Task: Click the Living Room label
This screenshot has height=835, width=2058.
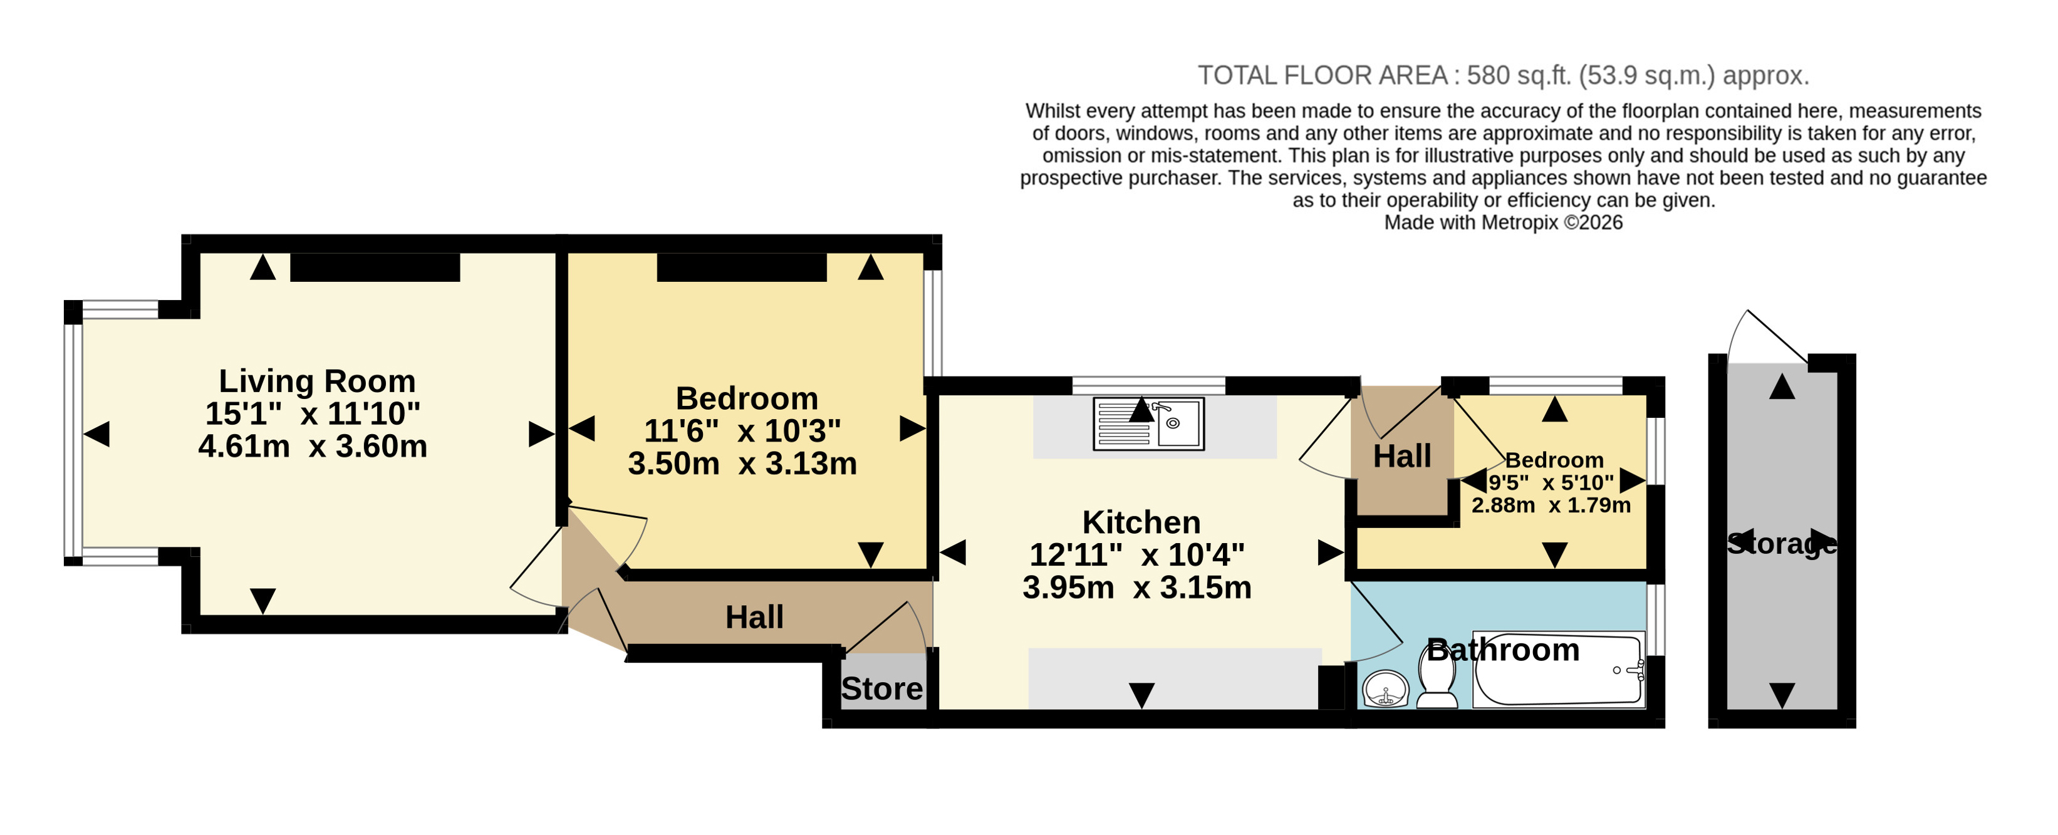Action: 317,381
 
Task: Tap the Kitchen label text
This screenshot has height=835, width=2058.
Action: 1141,522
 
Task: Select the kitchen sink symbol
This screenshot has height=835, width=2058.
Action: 1148,423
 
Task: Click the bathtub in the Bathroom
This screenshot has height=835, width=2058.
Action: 1559,670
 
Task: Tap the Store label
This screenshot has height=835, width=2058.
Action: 882,689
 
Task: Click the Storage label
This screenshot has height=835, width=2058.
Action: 1782,544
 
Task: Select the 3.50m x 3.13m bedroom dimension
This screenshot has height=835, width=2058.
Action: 742,464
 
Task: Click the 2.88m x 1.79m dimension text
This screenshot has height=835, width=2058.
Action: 1551,505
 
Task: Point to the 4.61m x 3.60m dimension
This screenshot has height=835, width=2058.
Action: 313,446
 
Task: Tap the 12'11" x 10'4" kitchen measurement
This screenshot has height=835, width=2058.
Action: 1137,554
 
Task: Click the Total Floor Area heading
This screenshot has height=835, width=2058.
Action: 1503,75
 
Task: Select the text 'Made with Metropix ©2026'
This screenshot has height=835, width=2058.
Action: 1503,222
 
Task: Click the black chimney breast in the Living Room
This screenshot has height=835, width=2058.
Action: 375,267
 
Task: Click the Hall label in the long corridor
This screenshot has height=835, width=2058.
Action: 754,618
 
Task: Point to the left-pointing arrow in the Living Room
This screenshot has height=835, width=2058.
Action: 96,435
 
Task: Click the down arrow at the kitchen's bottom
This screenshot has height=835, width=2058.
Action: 1141,695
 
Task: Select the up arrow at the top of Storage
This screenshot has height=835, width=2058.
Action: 1782,386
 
